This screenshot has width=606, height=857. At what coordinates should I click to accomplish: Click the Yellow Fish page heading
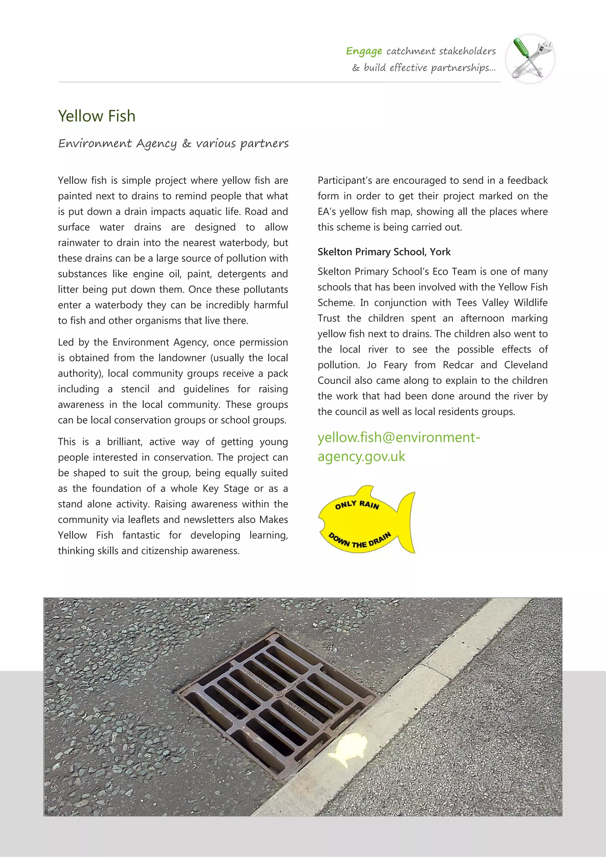(97, 116)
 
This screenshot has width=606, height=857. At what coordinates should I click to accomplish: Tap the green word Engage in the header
(364, 51)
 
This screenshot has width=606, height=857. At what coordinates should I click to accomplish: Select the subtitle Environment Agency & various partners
(173, 143)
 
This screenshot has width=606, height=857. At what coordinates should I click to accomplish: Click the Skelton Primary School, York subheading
(384, 252)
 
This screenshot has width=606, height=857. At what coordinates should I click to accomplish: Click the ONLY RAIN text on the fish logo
(357, 505)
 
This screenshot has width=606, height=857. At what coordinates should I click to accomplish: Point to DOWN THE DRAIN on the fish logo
(359, 540)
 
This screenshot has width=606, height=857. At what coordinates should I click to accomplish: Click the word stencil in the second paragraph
(135, 389)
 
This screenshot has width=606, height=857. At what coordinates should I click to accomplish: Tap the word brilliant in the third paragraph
(124, 442)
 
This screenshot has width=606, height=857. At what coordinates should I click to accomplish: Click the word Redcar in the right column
(458, 365)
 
